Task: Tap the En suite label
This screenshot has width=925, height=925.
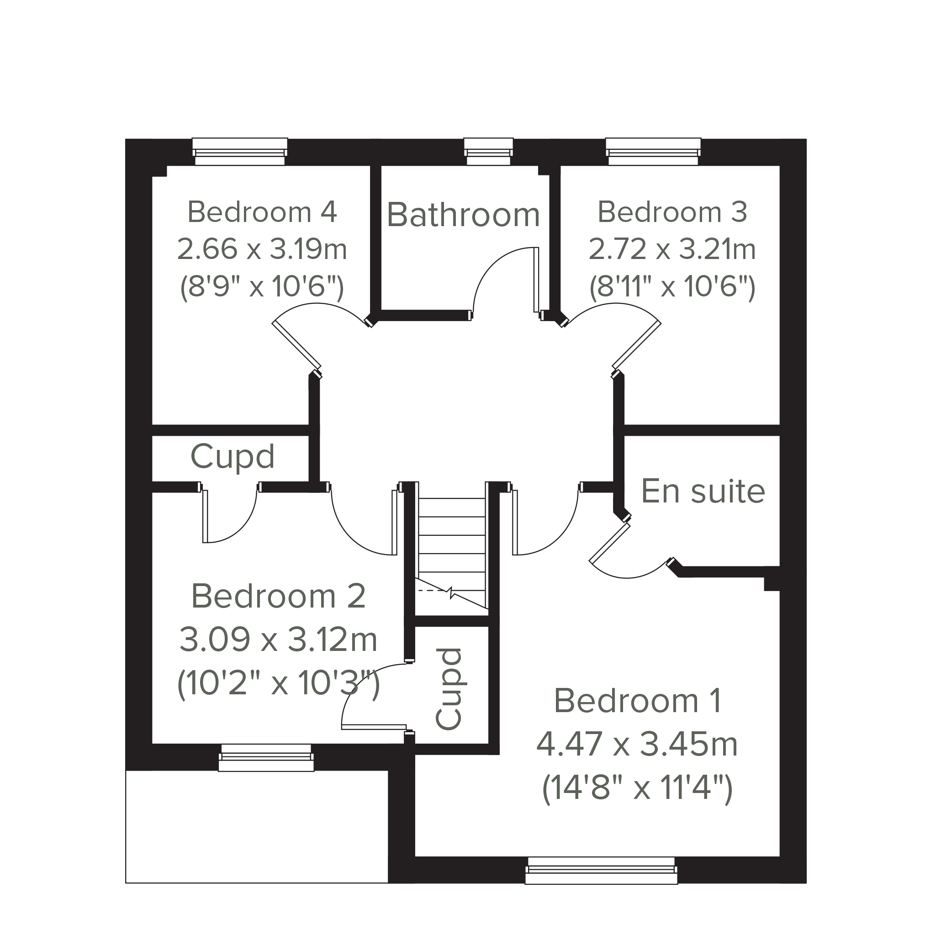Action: (x=703, y=491)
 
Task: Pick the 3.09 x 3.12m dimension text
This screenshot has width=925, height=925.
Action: (x=278, y=640)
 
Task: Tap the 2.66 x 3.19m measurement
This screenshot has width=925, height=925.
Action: (x=262, y=249)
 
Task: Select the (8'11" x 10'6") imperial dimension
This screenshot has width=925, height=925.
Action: (x=672, y=287)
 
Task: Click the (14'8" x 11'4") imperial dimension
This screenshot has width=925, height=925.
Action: (x=637, y=788)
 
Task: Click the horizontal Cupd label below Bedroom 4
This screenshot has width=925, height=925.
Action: (x=232, y=457)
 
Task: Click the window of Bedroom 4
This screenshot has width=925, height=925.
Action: (x=240, y=151)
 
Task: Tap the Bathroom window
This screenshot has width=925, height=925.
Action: (x=488, y=151)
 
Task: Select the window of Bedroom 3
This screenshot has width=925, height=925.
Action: (x=653, y=151)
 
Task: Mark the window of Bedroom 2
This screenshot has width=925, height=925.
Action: (x=266, y=757)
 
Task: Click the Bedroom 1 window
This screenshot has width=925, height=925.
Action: (x=601, y=871)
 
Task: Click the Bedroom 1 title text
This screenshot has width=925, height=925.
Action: (x=637, y=701)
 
